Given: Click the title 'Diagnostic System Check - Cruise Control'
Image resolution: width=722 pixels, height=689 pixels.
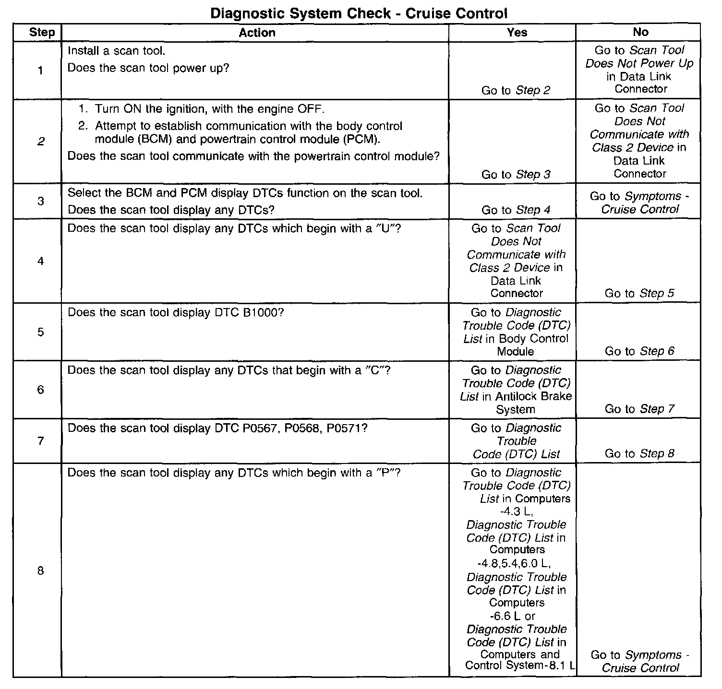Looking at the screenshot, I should click(359, 13).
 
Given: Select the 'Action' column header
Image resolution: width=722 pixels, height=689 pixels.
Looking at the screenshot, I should click(257, 33).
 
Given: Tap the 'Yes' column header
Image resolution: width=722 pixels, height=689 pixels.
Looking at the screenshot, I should click(517, 33).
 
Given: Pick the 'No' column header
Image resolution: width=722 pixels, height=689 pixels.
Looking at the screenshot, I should click(640, 32).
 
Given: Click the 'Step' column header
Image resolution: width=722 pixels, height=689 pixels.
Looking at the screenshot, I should click(42, 33).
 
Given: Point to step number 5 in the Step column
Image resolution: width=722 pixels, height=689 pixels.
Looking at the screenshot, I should click(41, 332).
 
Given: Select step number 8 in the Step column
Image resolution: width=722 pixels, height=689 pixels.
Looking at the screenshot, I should click(41, 570).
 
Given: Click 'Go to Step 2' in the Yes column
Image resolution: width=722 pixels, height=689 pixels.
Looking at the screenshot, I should click(516, 90).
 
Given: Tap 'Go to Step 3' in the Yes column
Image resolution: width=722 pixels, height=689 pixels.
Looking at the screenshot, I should click(516, 174).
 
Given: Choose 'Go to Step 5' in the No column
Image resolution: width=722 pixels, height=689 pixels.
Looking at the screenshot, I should click(639, 293).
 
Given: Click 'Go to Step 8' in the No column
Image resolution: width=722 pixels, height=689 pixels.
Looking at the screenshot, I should click(639, 453).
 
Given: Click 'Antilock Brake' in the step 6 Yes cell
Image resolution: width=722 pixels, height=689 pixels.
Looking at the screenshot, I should click(533, 396).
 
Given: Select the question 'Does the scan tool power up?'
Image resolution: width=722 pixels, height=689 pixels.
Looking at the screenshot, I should click(148, 68).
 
